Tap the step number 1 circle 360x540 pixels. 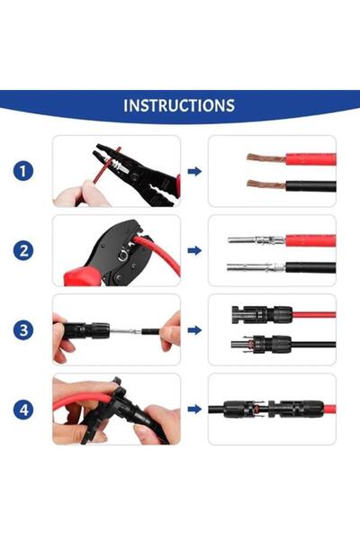[26, 171]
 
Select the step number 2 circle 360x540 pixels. [26, 250]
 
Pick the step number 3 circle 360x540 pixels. [26, 329]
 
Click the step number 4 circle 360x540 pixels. [26, 409]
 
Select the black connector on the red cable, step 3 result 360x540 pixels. [261, 315]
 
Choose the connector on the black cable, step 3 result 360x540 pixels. [267, 343]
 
